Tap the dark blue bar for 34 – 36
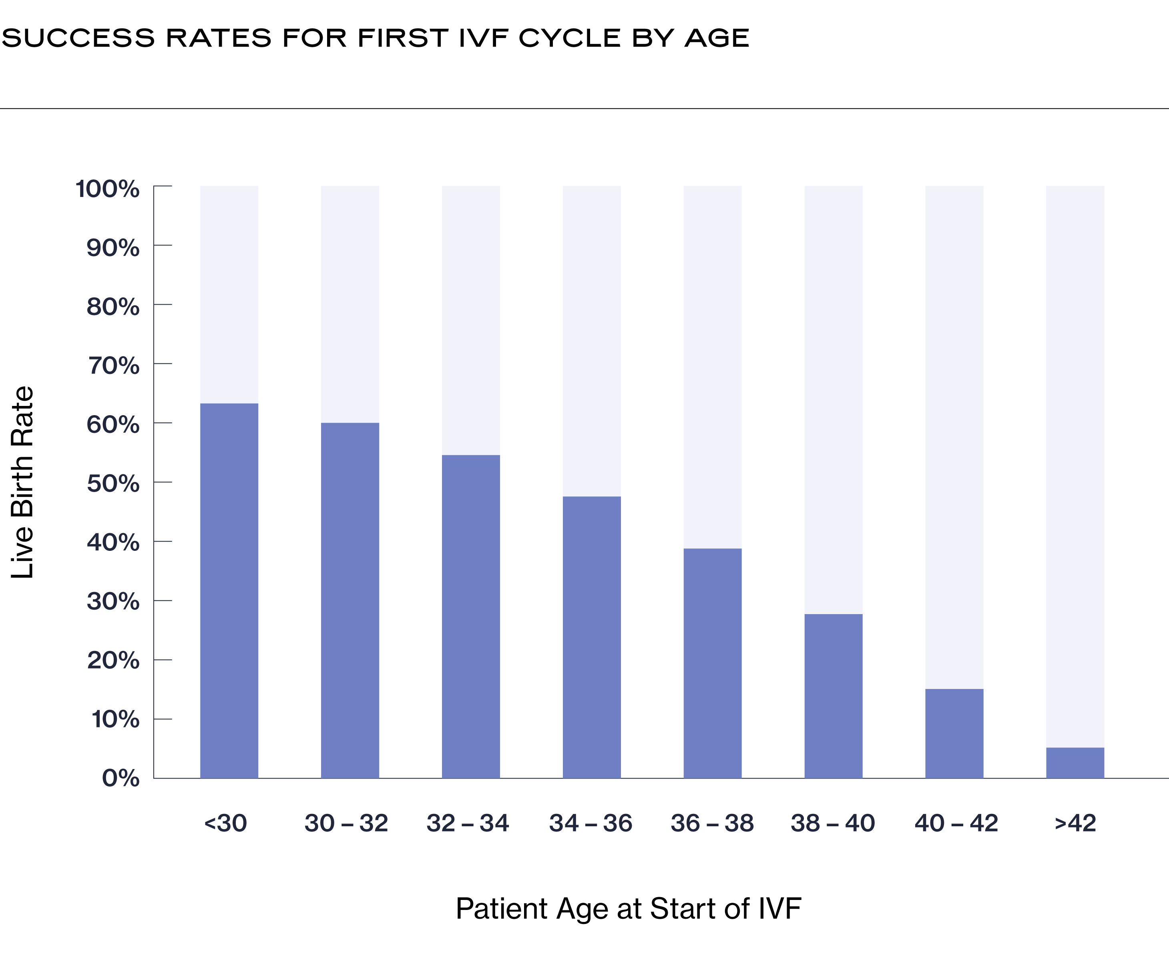[x=591, y=637]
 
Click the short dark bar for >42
[x=1075, y=763]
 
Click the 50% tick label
[x=113, y=483]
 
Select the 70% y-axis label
[x=114, y=366]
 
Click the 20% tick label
[x=113, y=660]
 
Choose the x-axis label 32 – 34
[x=468, y=823]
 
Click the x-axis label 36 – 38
[x=712, y=823]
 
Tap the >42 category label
[x=1075, y=823]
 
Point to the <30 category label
[x=225, y=823]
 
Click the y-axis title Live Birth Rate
[x=23, y=482]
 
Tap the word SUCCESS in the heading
[x=78, y=38]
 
